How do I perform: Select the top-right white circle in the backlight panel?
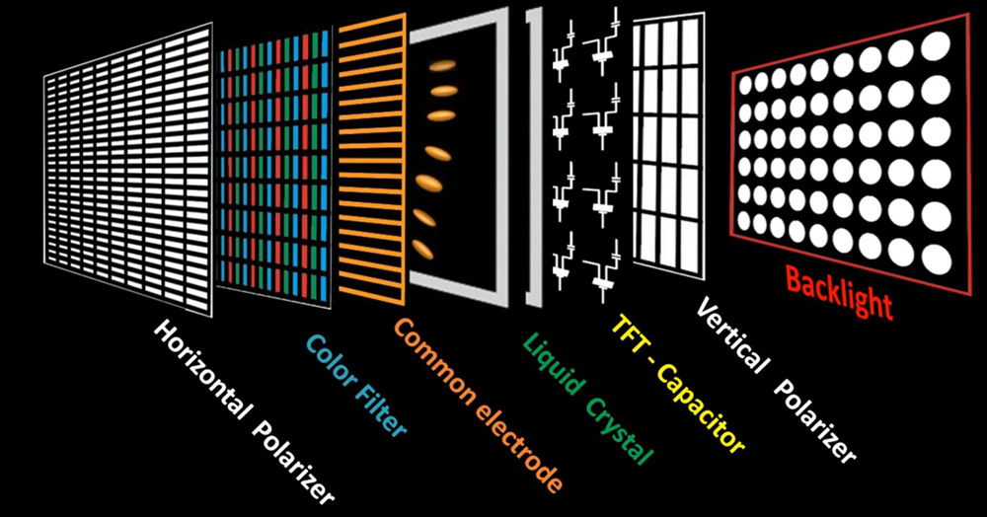tap(934, 45)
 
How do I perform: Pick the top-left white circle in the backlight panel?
tap(745, 83)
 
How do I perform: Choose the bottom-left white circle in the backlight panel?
tap(745, 223)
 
